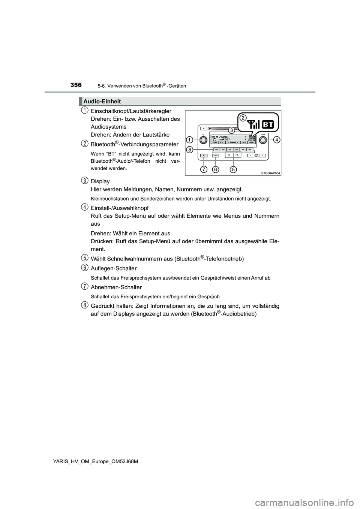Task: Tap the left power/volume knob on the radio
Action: [203, 140]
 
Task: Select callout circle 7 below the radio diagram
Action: [204, 169]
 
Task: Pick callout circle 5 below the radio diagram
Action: [233, 169]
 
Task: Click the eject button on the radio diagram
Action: [203, 127]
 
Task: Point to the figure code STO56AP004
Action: [270, 173]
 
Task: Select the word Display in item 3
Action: [100, 181]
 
